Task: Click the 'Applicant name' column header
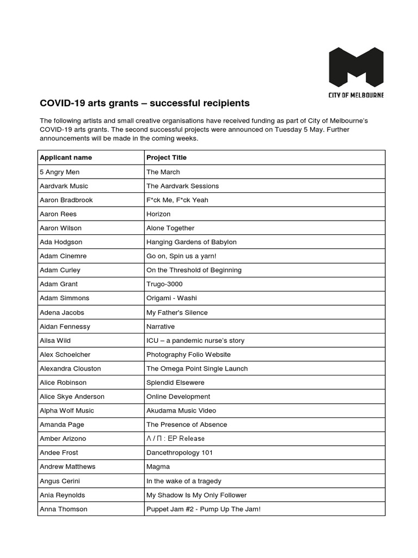pos(66,157)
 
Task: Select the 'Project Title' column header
pos(167,157)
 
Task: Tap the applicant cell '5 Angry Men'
pos(56,172)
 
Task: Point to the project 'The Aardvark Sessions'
pos(182,186)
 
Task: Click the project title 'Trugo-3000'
pos(164,284)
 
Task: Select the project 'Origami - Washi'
pos(172,298)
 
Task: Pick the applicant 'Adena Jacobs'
pos(62,312)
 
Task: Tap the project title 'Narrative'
pos(161,326)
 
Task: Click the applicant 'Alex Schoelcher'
pos(64,354)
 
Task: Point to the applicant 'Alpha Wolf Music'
pos(67,410)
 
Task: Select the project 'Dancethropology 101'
pos(180,452)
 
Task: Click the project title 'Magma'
pos(158,466)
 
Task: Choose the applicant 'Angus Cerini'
pos(60,481)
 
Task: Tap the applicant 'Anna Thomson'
pos(64,509)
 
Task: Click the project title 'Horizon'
pos(158,214)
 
